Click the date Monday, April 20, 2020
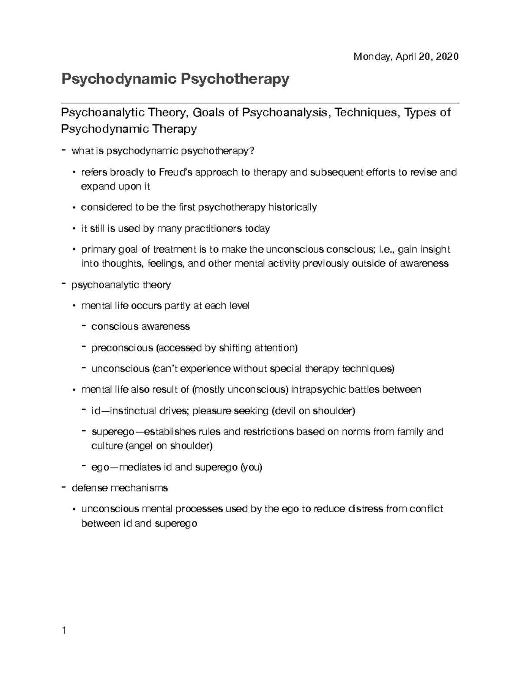point(406,57)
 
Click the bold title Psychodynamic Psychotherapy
point(175,79)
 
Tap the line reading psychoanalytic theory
point(121,285)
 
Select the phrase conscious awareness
point(140,326)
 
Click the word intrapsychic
point(318,390)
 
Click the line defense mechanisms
point(120,488)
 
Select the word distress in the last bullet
point(366,509)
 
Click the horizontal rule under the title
point(260,103)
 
